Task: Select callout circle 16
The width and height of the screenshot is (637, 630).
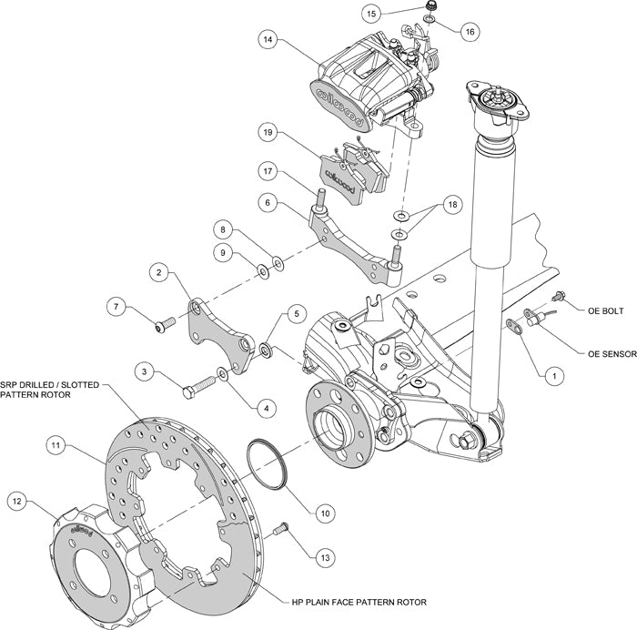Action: click(x=469, y=31)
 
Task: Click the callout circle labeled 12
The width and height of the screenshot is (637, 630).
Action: click(x=17, y=499)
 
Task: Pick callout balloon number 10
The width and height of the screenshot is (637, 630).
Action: click(x=324, y=513)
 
